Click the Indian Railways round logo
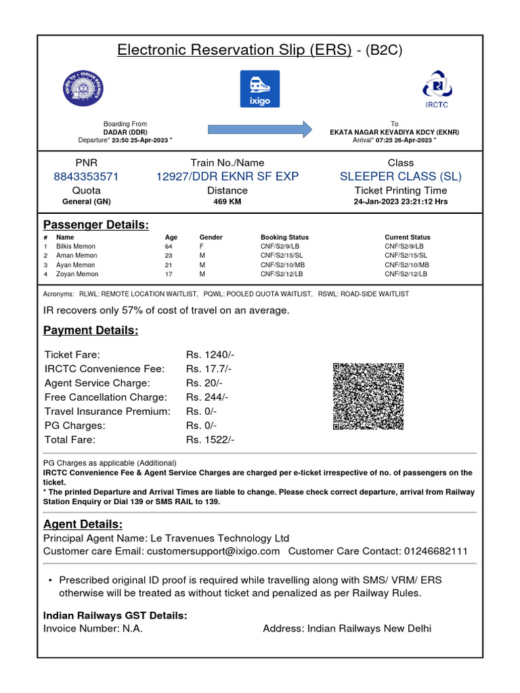tap(84, 88)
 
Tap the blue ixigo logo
tap(259, 88)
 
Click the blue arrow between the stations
tap(259, 129)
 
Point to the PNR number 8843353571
tap(86, 177)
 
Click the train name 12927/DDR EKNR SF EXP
tap(227, 177)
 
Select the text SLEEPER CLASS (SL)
tap(401, 177)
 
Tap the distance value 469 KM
tap(227, 202)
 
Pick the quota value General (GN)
tap(86, 202)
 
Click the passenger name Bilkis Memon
tap(76, 246)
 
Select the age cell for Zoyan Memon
tap(169, 274)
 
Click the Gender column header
tap(211, 238)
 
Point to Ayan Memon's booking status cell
tap(282, 265)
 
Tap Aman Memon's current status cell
tap(406, 256)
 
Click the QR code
tap(368, 397)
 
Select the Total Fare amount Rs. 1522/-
tap(210, 440)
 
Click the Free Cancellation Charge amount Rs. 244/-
tap(207, 397)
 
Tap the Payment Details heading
tap(91, 330)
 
